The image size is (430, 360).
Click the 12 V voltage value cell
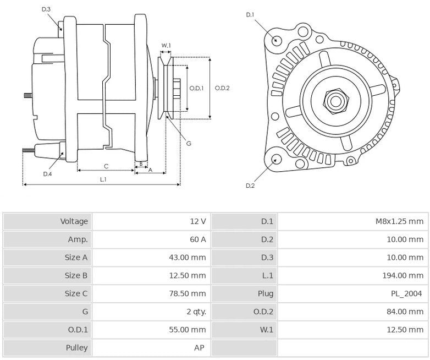pyautogui.click(x=197, y=221)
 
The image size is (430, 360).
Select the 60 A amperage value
pyautogui.click(x=197, y=239)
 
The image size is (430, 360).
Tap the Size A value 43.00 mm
pyautogui.click(x=187, y=258)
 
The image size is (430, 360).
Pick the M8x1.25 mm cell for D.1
pyautogui.click(x=399, y=221)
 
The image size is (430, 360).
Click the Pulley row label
pyautogui.click(x=76, y=347)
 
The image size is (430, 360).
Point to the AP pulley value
pyautogui.click(x=200, y=347)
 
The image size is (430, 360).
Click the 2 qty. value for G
pyautogui.click(x=196, y=312)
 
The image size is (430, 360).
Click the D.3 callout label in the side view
pyautogui.click(x=46, y=9)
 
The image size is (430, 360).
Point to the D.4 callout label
pyautogui.click(x=48, y=174)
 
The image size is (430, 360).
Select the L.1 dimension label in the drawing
pyautogui.click(x=103, y=180)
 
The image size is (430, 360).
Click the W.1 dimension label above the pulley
pyautogui.click(x=166, y=45)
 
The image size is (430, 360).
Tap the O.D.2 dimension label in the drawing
pyautogui.click(x=222, y=88)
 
